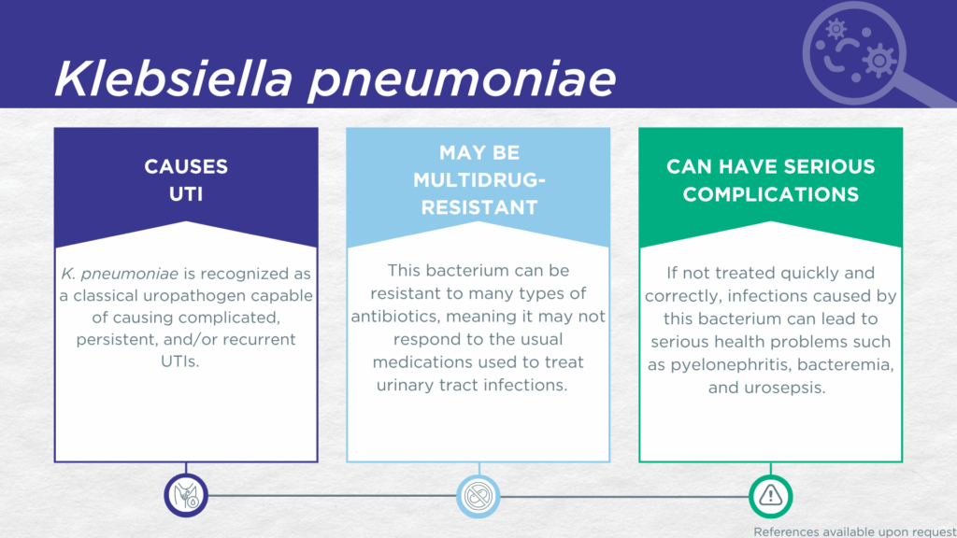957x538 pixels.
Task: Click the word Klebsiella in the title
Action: coord(173,78)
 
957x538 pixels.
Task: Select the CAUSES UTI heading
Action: coord(186,180)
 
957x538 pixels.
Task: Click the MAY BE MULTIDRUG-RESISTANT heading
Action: coord(479,180)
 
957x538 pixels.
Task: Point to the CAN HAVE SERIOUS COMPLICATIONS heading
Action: coord(771,180)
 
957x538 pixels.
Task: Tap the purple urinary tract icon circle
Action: coord(186,495)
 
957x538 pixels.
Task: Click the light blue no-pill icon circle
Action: coord(478,496)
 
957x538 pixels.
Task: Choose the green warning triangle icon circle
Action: coord(771,496)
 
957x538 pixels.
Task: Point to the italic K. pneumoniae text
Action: coord(120,274)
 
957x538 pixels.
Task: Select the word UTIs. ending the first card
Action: coord(180,361)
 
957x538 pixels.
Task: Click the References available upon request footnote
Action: coord(854,531)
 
